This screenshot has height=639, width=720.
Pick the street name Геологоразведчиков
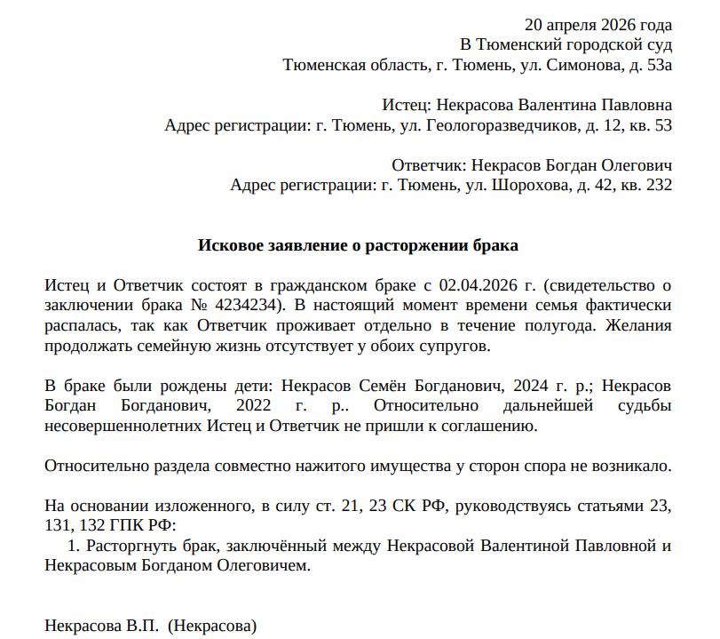(x=502, y=125)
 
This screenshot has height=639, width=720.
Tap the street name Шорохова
(x=523, y=186)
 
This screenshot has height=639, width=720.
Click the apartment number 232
(x=660, y=186)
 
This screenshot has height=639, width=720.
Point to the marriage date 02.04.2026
(x=479, y=285)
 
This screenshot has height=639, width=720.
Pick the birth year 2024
(x=489, y=387)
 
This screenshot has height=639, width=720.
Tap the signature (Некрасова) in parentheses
(x=211, y=626)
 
